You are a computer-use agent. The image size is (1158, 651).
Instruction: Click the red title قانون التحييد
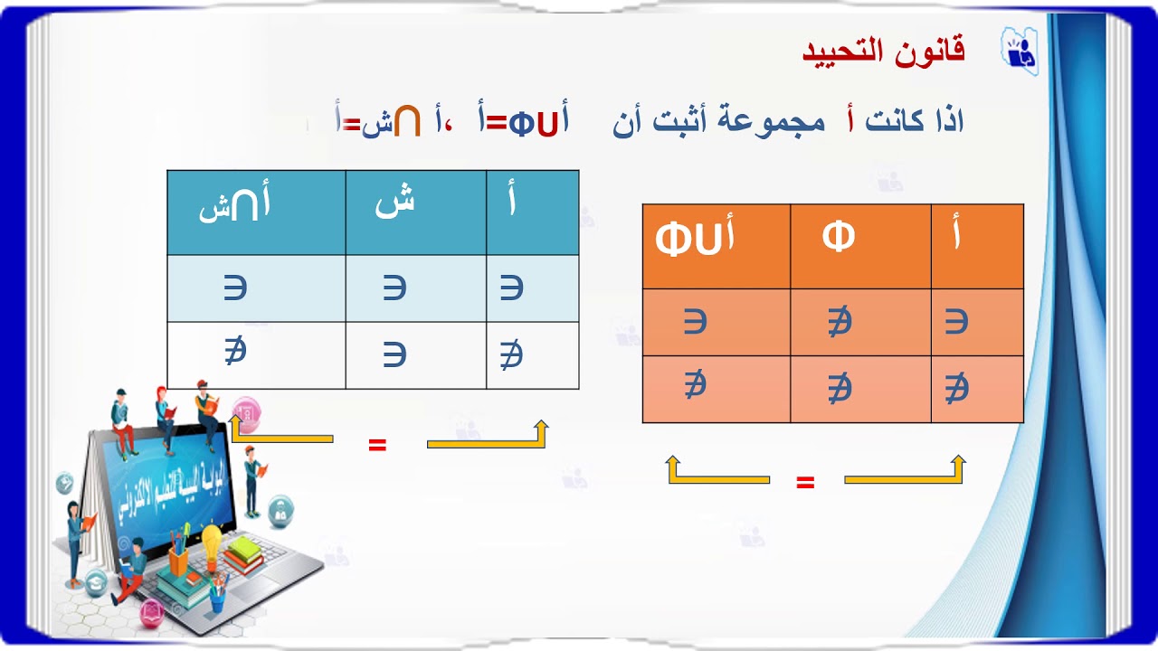point(883,51)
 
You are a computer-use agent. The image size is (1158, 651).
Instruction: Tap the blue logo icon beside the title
point(1019,48)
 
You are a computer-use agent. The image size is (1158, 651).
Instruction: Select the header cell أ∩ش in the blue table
point(235,207)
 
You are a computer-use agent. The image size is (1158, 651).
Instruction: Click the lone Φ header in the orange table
point(839,238)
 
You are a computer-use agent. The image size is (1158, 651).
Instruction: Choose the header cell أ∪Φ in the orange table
point(695,240)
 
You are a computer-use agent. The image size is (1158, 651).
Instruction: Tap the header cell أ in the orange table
point(957,236)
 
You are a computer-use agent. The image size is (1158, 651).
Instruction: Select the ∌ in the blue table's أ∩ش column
point(235,351)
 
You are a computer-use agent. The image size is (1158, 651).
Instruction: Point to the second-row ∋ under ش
point(394,354)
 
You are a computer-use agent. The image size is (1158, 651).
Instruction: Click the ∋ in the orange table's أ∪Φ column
point(695,321)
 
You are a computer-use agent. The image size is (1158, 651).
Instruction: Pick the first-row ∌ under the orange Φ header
point(840,322)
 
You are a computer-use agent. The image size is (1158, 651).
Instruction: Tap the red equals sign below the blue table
point(377,444)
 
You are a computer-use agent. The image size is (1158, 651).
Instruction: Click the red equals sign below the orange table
point(805,482)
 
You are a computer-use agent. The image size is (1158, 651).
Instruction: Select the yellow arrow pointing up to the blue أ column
point(489,437)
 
